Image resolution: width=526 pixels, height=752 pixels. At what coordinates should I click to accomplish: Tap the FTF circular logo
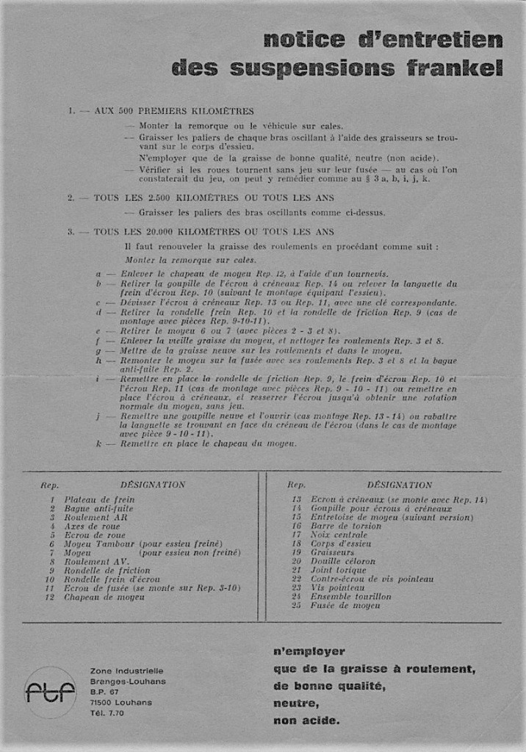[x=50, y=692]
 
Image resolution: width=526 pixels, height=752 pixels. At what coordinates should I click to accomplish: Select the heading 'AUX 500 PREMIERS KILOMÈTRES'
[x=173, y=112]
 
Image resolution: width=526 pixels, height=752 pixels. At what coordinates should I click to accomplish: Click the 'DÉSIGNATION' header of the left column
[x=153, y=485]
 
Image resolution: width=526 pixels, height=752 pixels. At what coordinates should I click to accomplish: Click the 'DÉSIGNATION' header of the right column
[x=399, y=485]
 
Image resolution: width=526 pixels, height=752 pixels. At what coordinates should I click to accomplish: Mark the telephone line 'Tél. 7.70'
[x=107, y=713]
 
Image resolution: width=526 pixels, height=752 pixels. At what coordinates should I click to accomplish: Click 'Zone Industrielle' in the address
[x=126, y=670]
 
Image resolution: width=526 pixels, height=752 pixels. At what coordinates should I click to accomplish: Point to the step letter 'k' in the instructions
[x=98, y=444]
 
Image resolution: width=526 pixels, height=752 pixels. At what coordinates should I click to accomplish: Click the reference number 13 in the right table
[x=297, y=500]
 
